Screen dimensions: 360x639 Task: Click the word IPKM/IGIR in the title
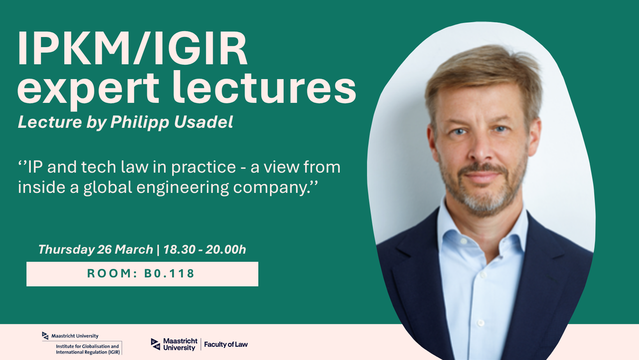pos(132,49)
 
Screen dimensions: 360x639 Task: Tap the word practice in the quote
pos(203,168)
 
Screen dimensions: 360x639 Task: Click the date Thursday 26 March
pos(95,249)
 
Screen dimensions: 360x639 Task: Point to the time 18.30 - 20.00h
pos(205,249)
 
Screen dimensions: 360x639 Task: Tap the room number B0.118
pos(169,274)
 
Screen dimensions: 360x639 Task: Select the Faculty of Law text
pos(226,344)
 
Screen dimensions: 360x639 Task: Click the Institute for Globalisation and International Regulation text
pos(87,349)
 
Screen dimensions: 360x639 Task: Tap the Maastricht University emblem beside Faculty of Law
pos(155,344)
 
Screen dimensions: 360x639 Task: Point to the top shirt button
pos(464,241)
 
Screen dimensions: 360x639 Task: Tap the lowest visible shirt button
pos(480,323)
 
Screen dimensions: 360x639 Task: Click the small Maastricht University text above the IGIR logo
pos(74,336)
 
